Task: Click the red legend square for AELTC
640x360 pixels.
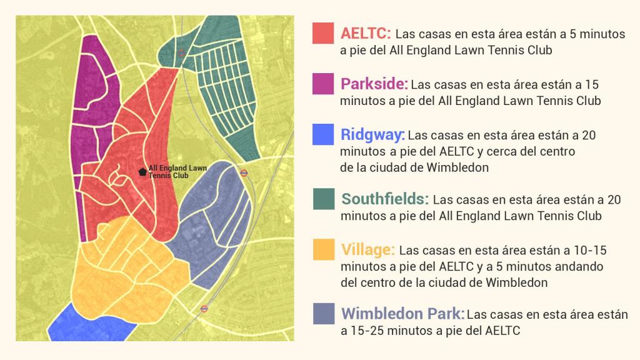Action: (323, 33)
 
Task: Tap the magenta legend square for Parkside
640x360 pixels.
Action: (323, 84)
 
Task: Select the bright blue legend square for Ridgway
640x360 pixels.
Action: (323, 134)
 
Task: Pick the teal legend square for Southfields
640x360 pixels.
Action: (323, 199)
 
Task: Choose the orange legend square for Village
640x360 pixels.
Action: (323, 250)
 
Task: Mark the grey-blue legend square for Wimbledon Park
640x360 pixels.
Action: (323, 313)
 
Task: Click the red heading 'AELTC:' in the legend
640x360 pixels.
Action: (366, 33)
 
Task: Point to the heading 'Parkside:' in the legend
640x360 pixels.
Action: (374, 84)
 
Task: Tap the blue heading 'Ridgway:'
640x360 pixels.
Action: (372, 134)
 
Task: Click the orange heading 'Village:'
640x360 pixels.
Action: (368, 250)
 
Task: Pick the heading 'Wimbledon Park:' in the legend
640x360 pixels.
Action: (403, 313)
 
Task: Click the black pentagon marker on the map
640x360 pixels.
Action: (142, 172)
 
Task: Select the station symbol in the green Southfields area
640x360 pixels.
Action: (181, 53)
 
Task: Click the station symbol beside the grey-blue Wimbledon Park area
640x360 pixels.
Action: (244, 173)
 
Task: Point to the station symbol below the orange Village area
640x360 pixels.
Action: (204, 308)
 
